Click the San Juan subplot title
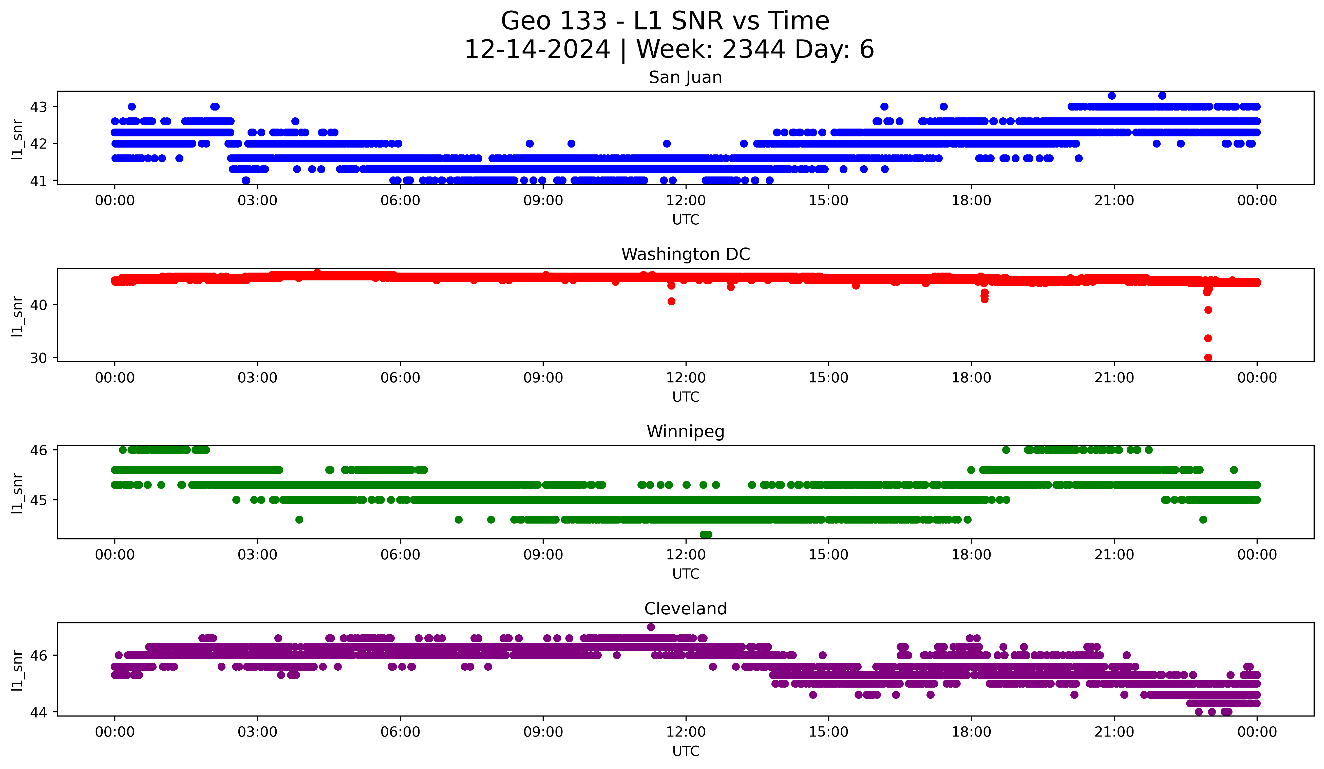pos(685,77)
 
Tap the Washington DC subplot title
pos(685,254)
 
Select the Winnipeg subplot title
pos(685,432)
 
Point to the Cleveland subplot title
pos(685,609)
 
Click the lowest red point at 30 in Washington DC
pos(1208,357)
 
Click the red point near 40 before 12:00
pos(671,301)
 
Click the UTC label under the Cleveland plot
pos(686,751)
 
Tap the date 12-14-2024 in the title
pos(537,49)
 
